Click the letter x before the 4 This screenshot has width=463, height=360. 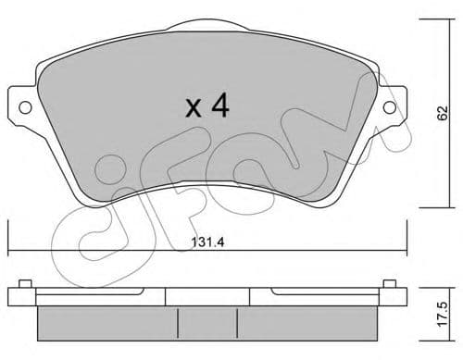tap(194, 109)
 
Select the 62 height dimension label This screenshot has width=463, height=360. tap(444, 114)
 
